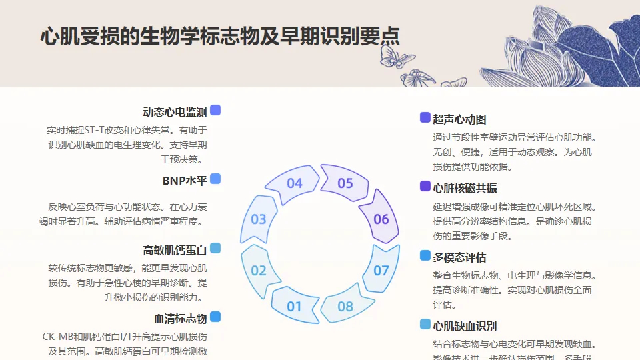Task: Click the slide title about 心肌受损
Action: (x=220, y=36)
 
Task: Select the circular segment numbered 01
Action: (x=294, y=306)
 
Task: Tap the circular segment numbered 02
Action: (x=259, y=270)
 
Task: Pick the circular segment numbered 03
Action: (x=259, y=219)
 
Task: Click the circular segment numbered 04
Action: (x=294, y=183)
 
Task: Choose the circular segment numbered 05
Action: (x=345, y=183)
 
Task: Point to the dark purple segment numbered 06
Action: (x=381, y=219)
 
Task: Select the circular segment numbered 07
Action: (x=381, y=270)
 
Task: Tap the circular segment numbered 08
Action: (x=345, y=306)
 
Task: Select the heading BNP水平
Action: (x=185, y=181)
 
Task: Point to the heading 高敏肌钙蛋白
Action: (x=175, y=250)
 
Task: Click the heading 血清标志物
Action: (x=180, y=319)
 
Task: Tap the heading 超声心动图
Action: (x=459, y=119)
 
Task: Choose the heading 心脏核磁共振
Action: (x=465, y=188)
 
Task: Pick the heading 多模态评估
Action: (x=459, y=257)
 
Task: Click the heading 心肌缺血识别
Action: (x=465, y=326)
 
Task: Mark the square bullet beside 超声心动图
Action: (x=425, y=118)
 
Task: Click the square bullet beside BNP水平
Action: (x=215, y=179)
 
